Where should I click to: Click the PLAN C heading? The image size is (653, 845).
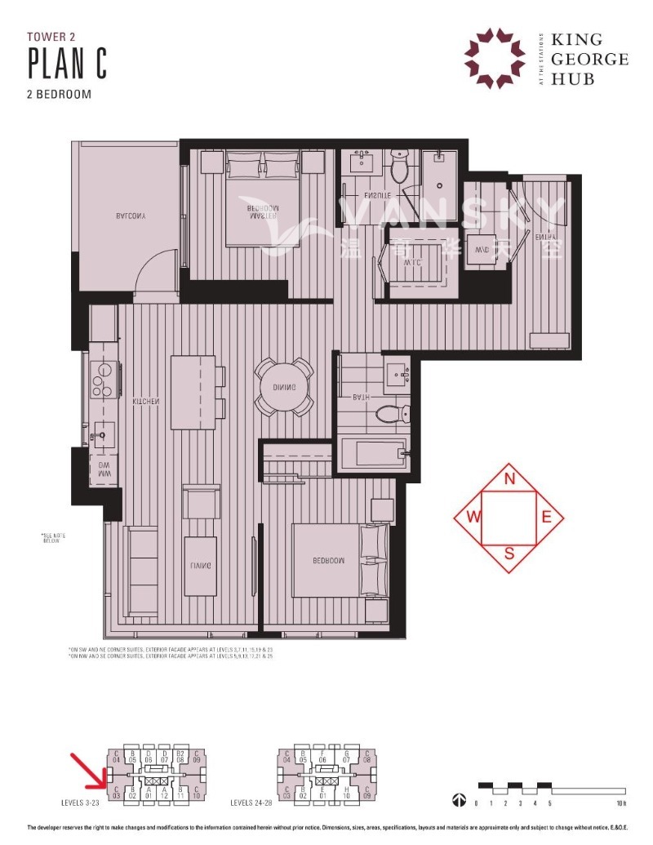[68, 63]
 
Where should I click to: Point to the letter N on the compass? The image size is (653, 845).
[509, 479]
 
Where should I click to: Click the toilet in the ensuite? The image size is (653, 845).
[399, 168]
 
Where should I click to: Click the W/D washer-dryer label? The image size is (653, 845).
[482, 250]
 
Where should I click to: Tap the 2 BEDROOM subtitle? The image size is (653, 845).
[60, 94]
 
